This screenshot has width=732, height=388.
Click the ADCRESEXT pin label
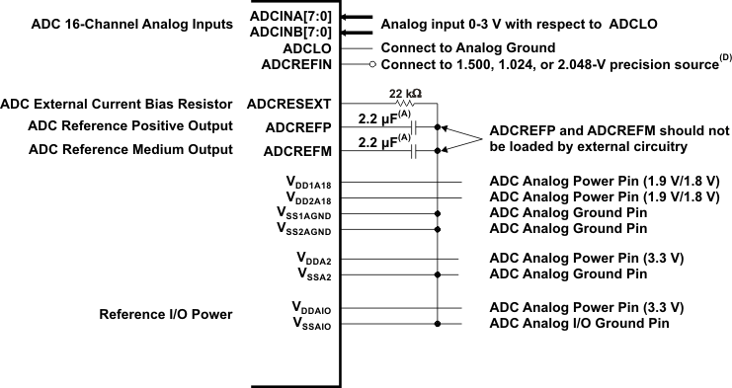point(299,103)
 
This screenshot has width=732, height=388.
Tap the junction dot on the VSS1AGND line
point(437,213)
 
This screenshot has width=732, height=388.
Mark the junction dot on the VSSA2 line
point(437,275)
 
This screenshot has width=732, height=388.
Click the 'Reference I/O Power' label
point(166,315)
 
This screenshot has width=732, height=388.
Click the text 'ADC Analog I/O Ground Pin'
point(579,323)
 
